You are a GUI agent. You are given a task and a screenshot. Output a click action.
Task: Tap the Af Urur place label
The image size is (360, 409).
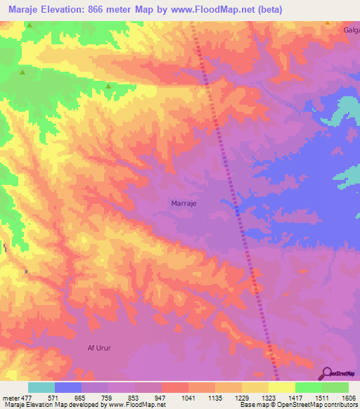click(x=99, y=348)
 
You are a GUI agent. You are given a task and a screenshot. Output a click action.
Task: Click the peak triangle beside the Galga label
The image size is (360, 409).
click(x=328, y=22)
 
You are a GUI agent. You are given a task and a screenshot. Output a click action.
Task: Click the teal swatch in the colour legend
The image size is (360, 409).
click(x=41, y=387)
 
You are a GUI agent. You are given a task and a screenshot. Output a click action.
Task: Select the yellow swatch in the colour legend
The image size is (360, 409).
click(x=282, y=387)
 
